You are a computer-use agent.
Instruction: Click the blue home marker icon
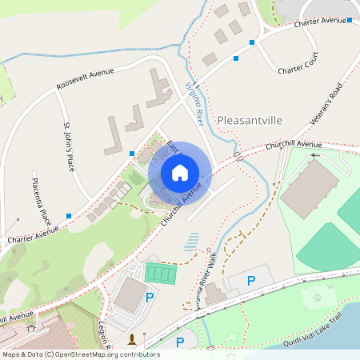(x=179, y=173)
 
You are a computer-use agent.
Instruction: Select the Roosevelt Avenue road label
(x=85, y=78)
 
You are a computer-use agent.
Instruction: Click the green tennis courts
(x=160, y=274)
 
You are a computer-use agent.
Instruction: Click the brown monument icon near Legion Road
(x=132, y=339)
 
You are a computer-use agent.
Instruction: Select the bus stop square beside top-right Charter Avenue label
(x=350, y=19)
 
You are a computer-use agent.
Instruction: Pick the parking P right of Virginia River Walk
(x=251, y=281)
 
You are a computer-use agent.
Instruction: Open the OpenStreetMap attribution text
(x=81, y=354)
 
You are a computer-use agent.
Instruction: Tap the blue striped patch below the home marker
(x=192, y=242)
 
